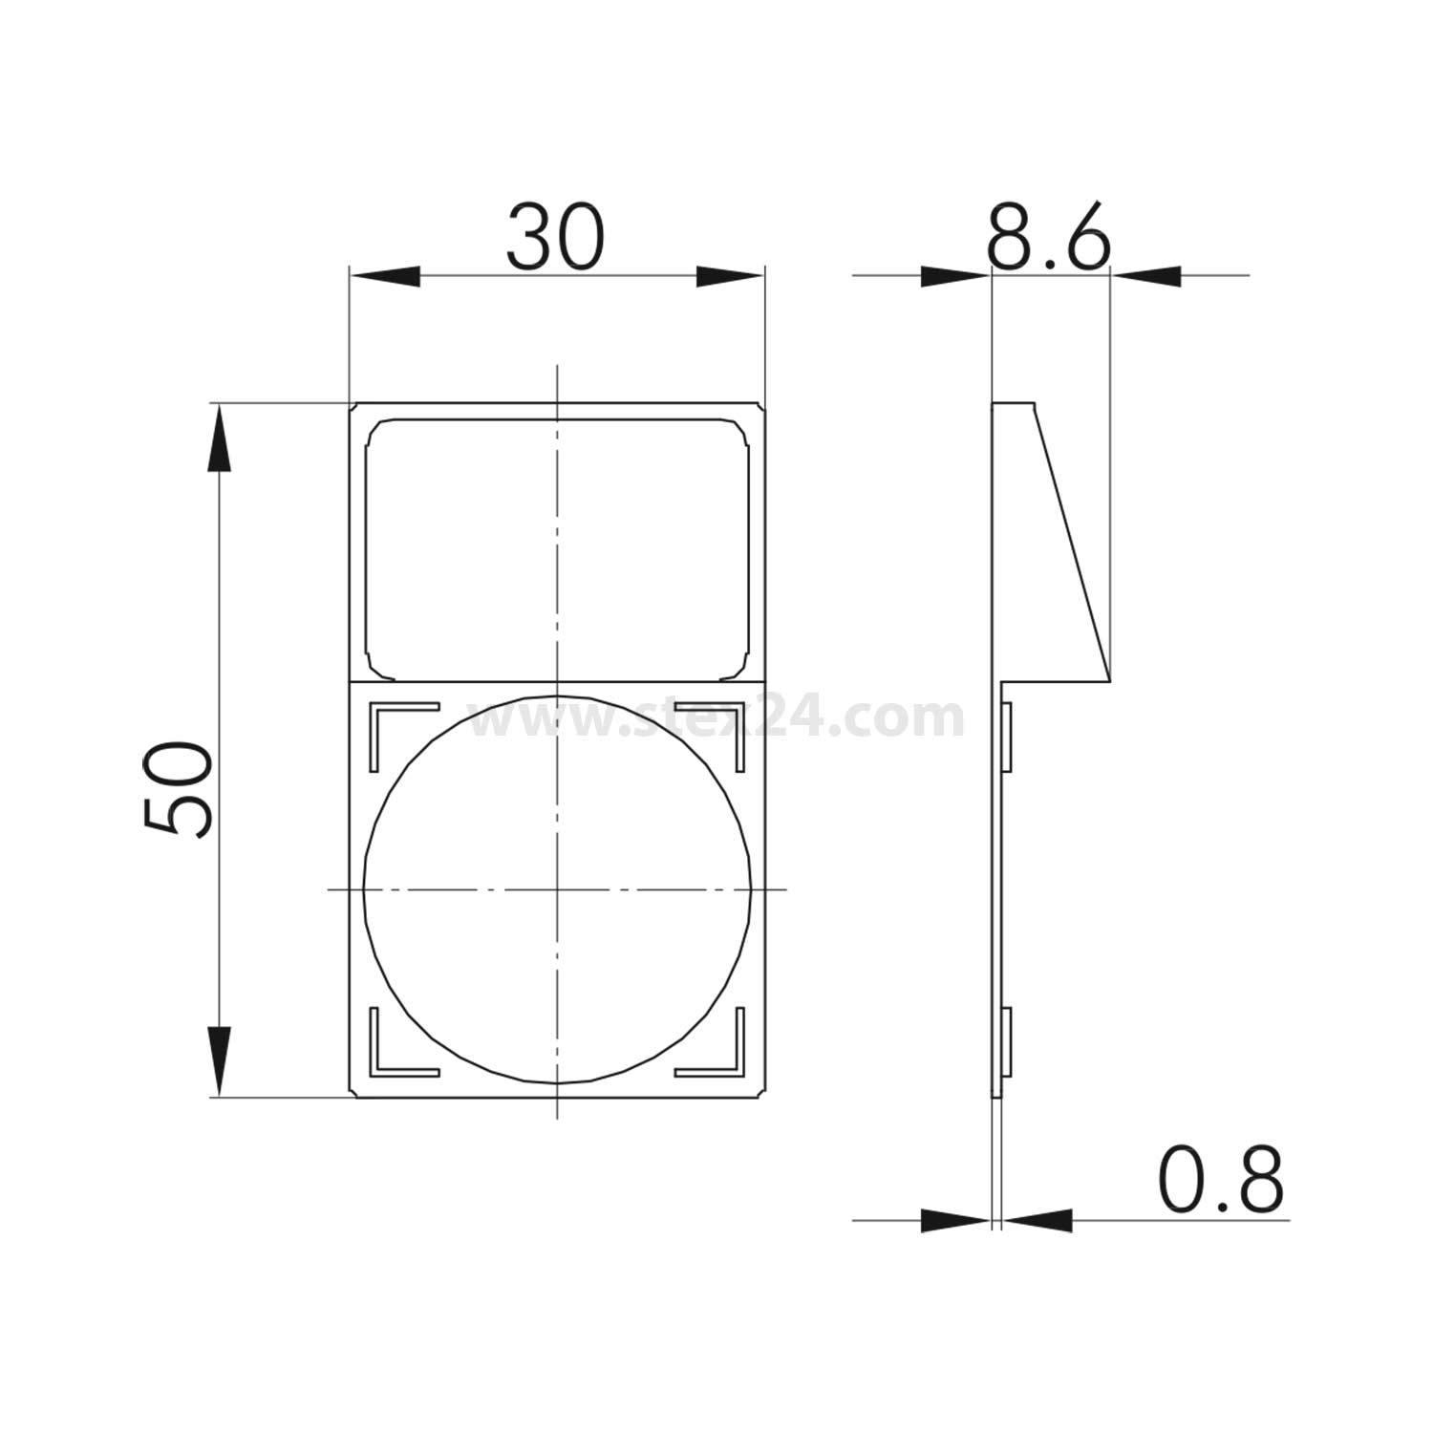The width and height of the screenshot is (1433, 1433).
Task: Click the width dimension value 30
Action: pos(555,236)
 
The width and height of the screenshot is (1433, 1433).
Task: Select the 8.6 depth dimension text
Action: pos(1048,236)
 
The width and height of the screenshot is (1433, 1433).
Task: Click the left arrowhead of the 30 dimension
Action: pos(385,276)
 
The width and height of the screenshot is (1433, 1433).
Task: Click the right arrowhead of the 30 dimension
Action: pos(729,276)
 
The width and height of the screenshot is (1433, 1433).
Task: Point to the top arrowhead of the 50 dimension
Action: pos(220,438)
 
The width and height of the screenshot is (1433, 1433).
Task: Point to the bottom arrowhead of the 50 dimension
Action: pos(220,1060)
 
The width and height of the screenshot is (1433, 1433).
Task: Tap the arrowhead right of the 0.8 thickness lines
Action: pos(1036,1220)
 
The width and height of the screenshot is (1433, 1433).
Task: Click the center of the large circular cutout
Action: pos(557,889)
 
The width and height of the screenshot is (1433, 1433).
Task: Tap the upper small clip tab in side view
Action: pos(1006,736)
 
